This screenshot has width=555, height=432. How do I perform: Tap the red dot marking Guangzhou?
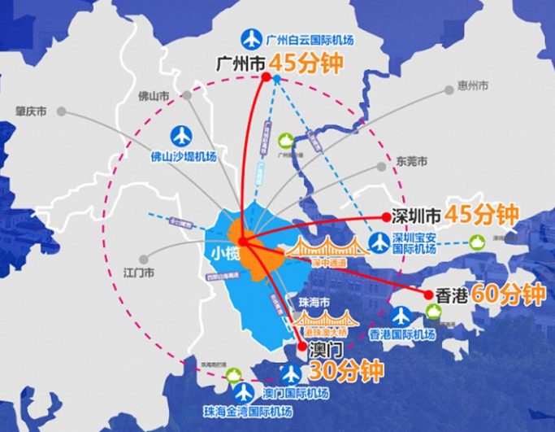click(265, 77)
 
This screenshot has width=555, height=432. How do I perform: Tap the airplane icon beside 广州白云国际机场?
click(252, 38)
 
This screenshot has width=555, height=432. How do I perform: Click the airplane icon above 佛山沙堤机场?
click(181, 136)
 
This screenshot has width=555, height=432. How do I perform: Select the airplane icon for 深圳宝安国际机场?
click(380, 242)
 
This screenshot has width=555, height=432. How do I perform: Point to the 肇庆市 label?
click(32, 111)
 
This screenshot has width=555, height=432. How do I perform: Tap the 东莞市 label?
click(411, 161)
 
